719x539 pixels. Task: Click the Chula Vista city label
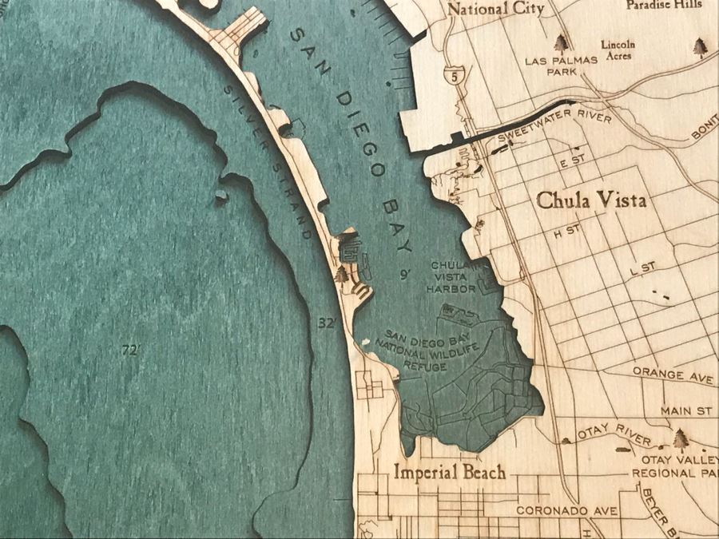coord(591,200)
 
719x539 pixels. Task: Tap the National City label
coord(495,10)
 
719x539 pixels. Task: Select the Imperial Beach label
coord(450,473)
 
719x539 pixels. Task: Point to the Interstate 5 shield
coord(455,77)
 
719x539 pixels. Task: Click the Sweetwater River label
coord(554,129)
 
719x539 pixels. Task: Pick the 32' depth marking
coord(326,323)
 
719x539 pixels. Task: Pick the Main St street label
coord(685,410)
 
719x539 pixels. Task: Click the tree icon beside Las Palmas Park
coord(562,42)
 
